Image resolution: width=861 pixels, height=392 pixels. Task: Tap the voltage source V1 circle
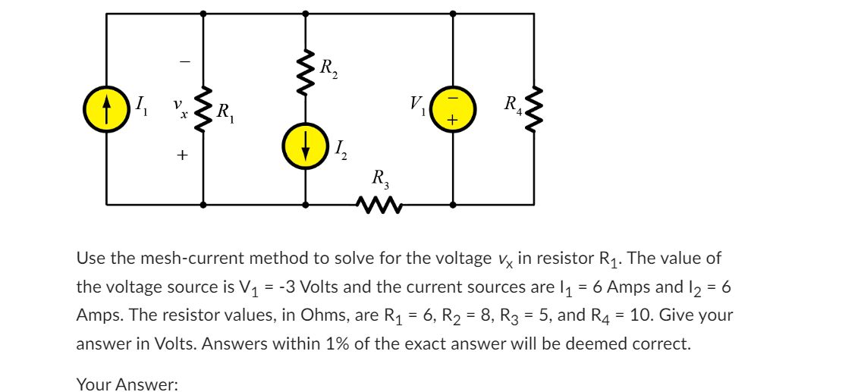pos(453,108)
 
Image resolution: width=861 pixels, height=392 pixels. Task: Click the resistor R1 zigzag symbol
pos(203,108)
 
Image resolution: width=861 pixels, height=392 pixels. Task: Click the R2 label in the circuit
pos(328,68)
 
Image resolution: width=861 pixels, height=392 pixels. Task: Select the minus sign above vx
pos(182,61)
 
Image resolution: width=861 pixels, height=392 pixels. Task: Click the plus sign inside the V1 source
pos(453,120)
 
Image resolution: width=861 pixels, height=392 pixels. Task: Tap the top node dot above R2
pos(305,13)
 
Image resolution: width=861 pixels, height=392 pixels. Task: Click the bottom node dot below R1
pos(203,204)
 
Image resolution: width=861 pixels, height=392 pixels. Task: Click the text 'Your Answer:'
pos(127,384)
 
